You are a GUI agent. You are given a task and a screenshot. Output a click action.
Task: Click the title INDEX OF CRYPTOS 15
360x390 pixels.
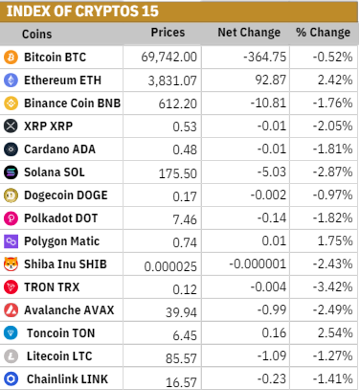[x=82, y=11]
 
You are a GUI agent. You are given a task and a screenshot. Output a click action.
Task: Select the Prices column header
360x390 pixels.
[x=168, y=33]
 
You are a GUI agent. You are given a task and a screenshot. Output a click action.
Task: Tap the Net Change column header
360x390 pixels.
[x=249, y=33]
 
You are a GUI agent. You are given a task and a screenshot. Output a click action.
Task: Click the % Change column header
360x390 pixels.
[x=323, y=33]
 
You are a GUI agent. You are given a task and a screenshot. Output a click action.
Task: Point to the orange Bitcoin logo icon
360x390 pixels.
[x=11, y=57]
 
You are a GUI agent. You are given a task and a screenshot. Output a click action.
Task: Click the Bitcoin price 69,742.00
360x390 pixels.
[x=169, y=57]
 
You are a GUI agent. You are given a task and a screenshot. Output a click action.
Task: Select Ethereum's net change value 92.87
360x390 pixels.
[x=271, y=80]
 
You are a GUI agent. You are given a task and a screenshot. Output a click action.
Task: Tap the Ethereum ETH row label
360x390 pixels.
[x=62, y=80]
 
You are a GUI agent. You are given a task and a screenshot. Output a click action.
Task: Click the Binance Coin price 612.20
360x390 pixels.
[x=178, y=103]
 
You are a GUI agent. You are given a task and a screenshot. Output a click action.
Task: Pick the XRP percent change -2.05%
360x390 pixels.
[x=332, y=126]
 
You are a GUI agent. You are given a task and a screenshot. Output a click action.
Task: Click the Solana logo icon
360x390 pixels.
[x=11, y=172]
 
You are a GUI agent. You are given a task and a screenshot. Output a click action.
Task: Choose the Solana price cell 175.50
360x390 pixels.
[x=178, y=173]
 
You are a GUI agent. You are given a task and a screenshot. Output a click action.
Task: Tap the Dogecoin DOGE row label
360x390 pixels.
[x=66, y=195]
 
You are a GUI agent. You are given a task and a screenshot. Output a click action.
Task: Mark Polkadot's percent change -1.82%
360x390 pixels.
[x=332, y=218]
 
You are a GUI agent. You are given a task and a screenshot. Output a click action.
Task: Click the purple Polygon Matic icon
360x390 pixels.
[x=11, y=241]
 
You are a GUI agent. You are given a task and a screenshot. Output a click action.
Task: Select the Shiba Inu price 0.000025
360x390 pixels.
[x=170, y=266]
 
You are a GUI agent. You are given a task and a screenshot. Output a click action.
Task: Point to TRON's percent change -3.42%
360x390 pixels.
[x=332, y=287]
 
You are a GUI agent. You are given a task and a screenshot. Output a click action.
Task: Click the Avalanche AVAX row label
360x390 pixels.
[x=69, y=310]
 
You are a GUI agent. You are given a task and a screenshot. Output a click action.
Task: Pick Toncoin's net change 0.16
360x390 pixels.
[x=274, y=333]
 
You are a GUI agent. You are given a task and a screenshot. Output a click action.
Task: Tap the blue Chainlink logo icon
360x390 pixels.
[x=11, y=379]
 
